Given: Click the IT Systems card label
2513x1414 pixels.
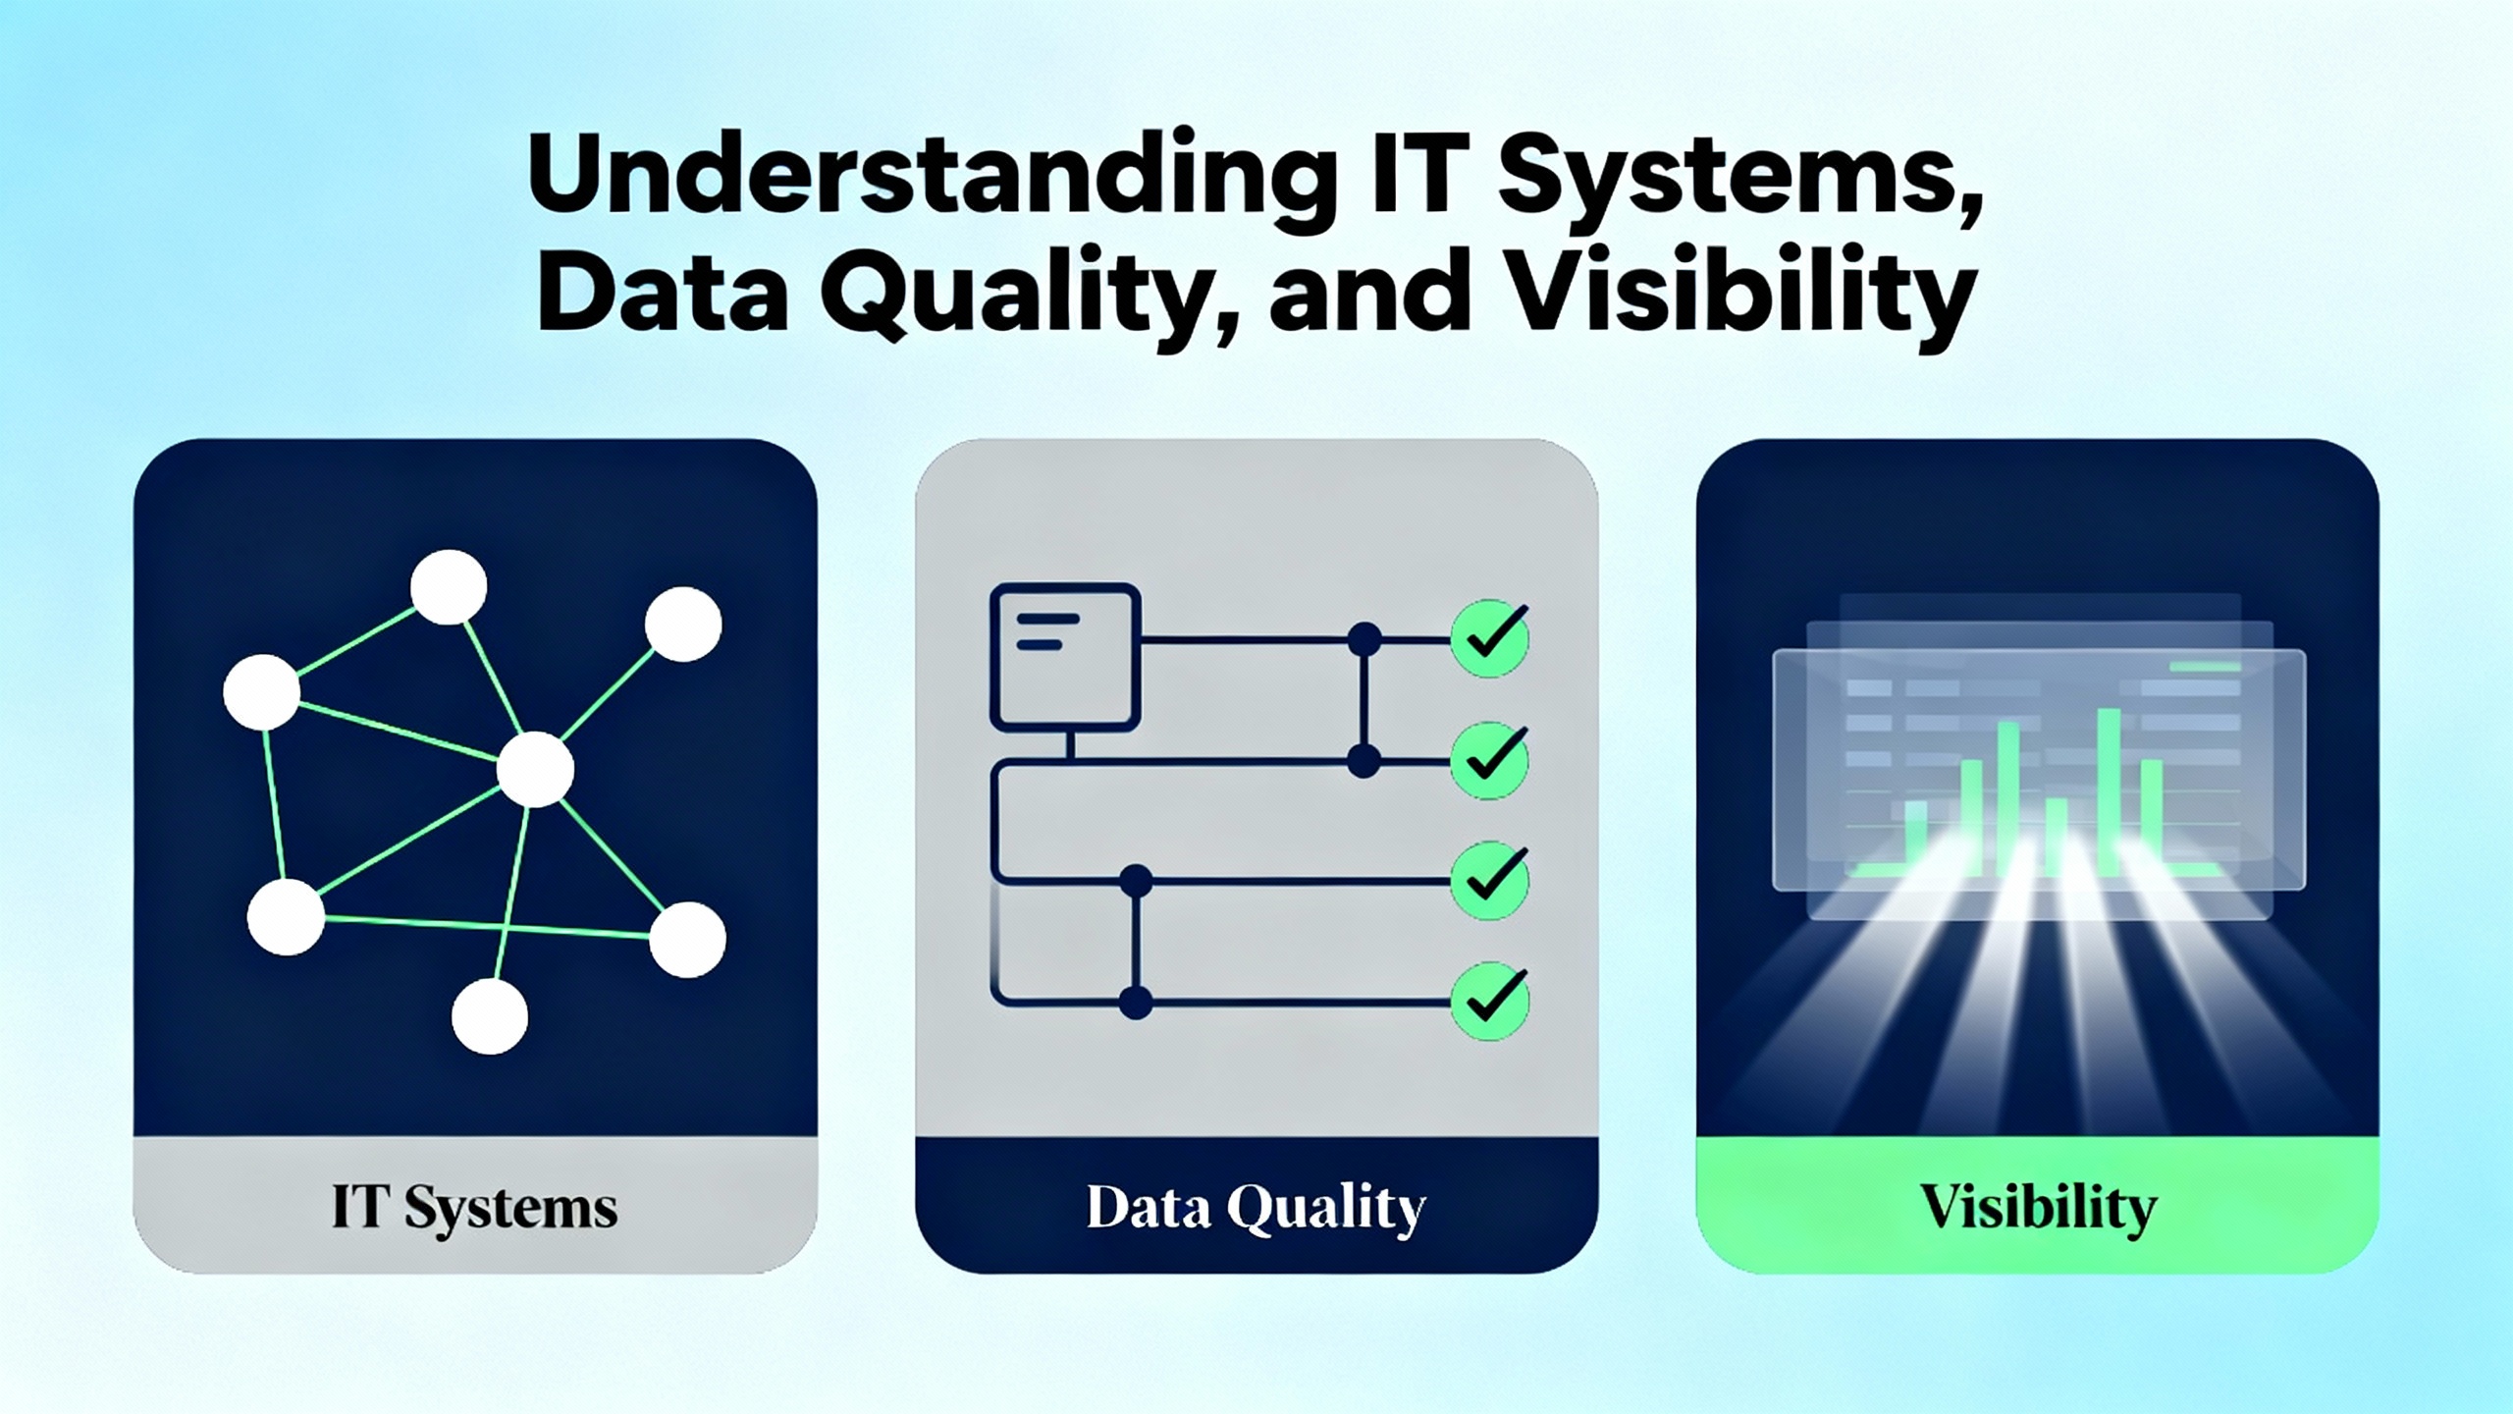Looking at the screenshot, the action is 475,1209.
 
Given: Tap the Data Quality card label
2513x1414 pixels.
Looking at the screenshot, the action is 1256,1209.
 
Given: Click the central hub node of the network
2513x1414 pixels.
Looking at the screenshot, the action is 535,769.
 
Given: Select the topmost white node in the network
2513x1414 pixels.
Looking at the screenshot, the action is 449,587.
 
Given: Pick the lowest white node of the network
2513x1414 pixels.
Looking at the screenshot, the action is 490,1015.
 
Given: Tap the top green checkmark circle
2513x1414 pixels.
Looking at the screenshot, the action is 1490,639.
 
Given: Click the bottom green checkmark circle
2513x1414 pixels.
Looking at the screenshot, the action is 1490,1002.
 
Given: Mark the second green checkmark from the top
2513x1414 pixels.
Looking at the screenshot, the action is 1490,761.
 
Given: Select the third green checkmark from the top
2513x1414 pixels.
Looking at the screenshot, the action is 1490,880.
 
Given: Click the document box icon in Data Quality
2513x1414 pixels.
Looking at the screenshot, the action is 1065,658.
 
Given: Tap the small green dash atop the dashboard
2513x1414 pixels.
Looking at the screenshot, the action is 2204,667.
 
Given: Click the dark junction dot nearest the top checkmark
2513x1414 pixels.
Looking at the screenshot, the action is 1363,640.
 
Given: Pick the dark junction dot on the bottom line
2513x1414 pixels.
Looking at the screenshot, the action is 1136,1003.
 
